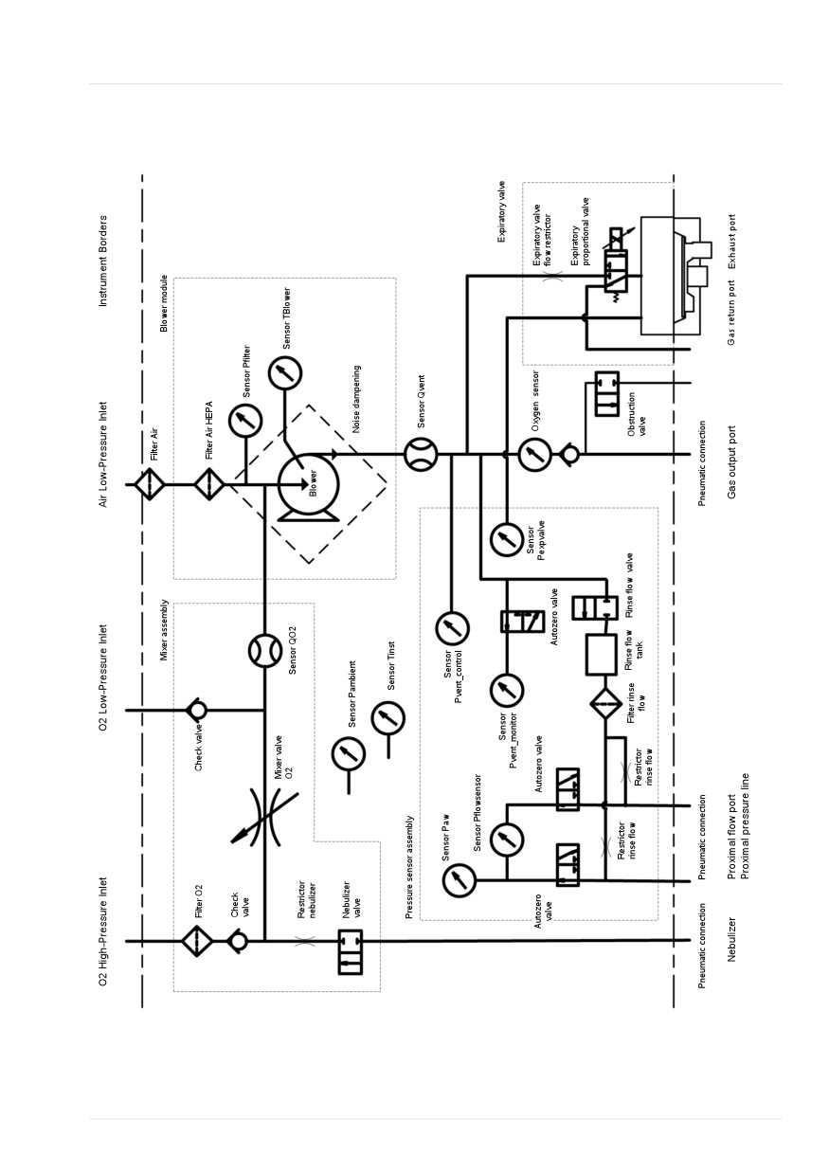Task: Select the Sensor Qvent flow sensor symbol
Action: [x=421, y=454]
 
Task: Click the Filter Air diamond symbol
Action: [x=150, y=485]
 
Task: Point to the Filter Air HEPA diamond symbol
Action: [x=209, y=485]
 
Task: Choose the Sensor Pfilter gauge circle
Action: [x=245, y=421]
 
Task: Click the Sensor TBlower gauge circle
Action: [x=285, y=373]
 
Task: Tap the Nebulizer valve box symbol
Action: [x=350, y=951]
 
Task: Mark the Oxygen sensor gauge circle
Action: [x=535, y=455]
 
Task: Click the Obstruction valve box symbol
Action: [x=606, y=394]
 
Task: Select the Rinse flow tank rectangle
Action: [x=601, y=655]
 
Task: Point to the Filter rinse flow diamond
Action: [x=605, y=704]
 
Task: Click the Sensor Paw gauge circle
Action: [x=460, y=880]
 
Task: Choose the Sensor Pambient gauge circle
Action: [x=349, y=754]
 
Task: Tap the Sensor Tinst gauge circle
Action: [x=388, y=718]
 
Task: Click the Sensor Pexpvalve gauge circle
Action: [x=506, y=539]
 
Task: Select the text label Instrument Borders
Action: [x=102, y=261]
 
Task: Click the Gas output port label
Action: [x=731, y=462]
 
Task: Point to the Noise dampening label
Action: [x=356, y=399]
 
